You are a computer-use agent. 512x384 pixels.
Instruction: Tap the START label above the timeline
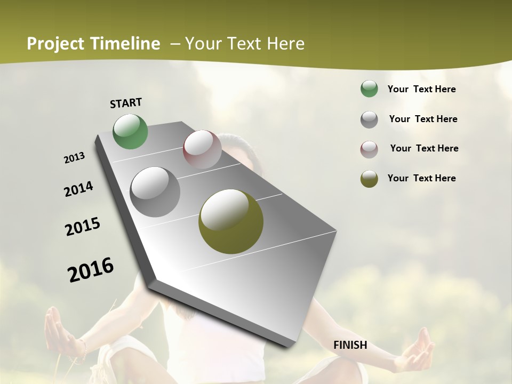(x=126, y=103)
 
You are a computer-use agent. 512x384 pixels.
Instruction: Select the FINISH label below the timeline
(x=350, y=345)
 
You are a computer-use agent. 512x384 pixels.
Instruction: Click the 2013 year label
(x=74, y=158)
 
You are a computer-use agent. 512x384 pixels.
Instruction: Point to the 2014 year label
(x=78, y=189)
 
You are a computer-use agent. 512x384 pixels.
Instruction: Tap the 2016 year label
(x=91, y=270)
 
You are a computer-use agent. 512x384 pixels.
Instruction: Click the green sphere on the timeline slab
(x=131, y=131)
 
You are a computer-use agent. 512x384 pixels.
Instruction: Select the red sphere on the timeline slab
(x=202, y=149)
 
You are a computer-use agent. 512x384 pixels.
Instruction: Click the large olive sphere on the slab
(x=231, y=221)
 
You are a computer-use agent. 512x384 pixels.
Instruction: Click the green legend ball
(x=369, y=89)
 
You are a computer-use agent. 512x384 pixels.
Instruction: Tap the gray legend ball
(x=369, y=119)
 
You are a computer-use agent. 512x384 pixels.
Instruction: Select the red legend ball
(x=369, y=149)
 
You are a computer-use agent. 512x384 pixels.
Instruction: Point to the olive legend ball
(x=369, y=179)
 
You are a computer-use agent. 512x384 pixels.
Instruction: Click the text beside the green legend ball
(x=421, y=89)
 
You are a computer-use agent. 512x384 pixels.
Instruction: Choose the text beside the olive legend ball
(x=421, y=178)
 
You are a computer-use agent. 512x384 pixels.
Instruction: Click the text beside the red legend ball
(x=424, y=148)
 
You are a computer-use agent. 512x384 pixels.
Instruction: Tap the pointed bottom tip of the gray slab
(x=289, y=345)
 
